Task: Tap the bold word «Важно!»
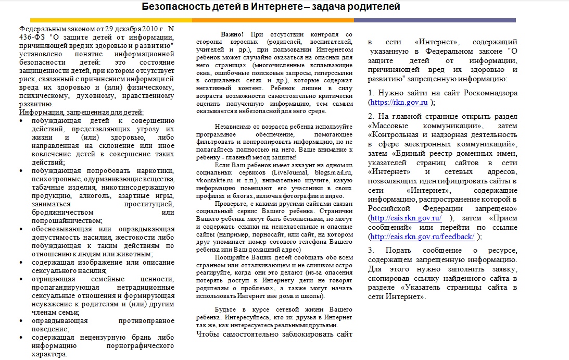[x=232, y=34]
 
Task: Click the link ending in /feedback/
[x=422, y=237]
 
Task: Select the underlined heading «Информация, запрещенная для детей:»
[x=81, y=112]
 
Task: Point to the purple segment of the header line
[x=435, y=20]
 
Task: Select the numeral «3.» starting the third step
[x=371, y=250]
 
